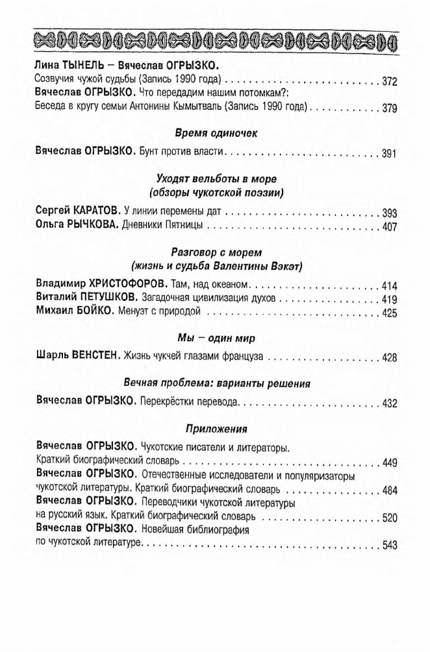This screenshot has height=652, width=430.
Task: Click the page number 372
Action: (x=389, y=82)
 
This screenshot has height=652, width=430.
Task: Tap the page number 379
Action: (x=389, y=108)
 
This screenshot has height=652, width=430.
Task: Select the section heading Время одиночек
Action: (x=216, y=133)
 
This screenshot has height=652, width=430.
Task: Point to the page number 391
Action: (x=389, y=154)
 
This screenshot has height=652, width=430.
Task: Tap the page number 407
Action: (x=389, y=228)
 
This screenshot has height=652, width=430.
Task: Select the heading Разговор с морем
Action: (x=216, y=251)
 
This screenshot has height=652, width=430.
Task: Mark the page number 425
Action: (x=389, y=314)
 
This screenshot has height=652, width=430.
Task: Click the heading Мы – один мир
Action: (x=216, y=337)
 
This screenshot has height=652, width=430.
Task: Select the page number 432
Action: (x=389, y=403)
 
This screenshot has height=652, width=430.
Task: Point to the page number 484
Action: (x=389, y=490)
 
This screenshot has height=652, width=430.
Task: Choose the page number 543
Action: (x=389, y=546)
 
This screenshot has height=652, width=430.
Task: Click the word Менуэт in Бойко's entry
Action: (x=136, y=313)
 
